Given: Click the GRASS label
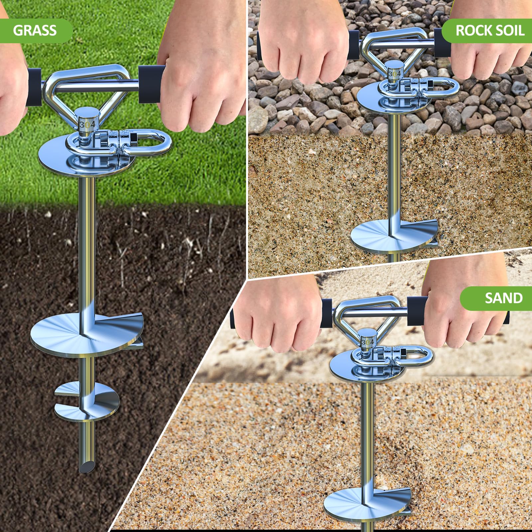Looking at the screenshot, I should tap(35, 31).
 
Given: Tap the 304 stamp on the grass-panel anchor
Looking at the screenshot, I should tap(87, 124).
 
